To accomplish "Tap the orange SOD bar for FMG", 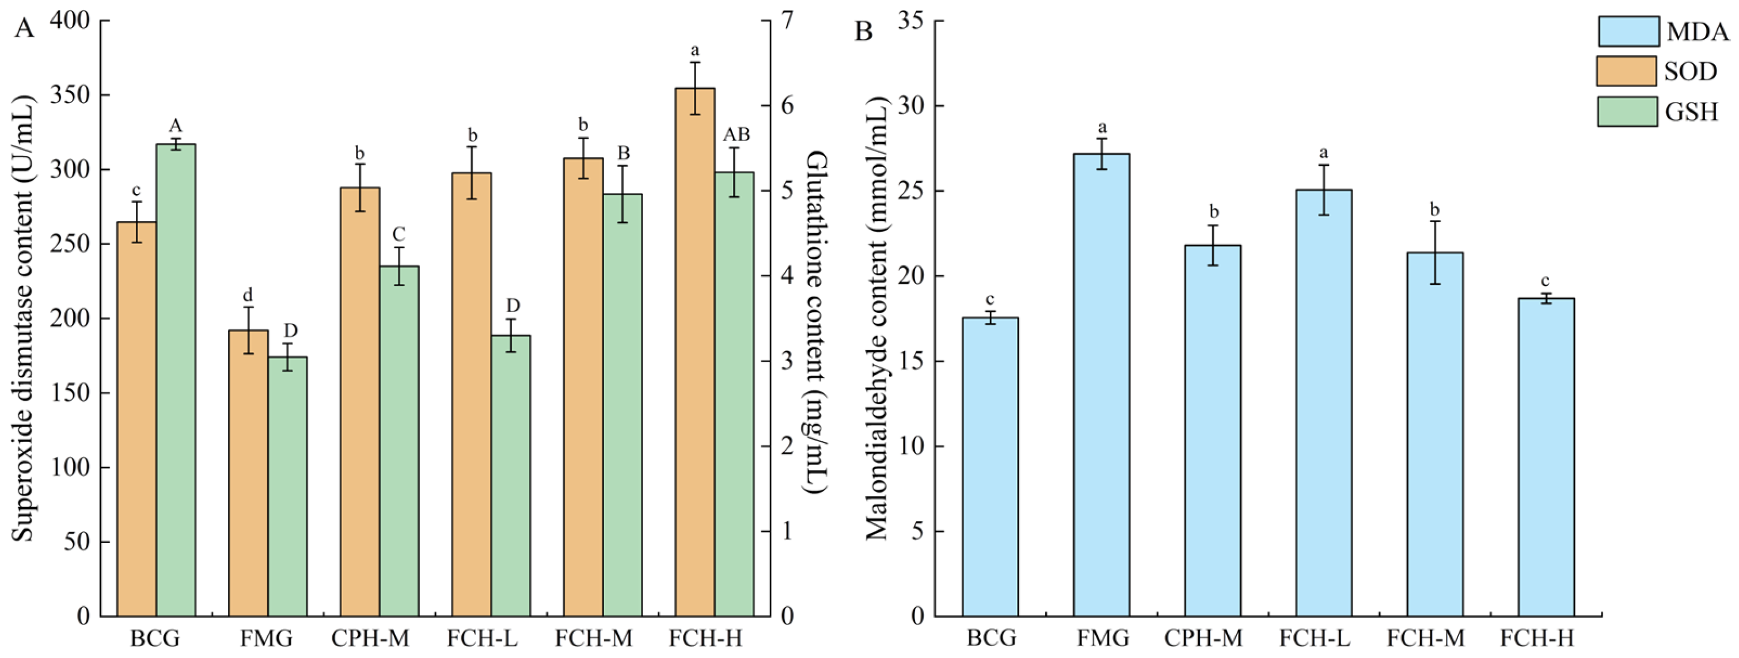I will [x=248, y=473].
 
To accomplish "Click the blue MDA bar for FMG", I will [x=1101, y=385].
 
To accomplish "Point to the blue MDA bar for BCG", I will [x=990, y=466].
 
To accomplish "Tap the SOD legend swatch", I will [x=1626, y=71].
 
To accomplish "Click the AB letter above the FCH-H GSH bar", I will [x=736, y=135].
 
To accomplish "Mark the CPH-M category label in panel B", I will [x=1203, y=638].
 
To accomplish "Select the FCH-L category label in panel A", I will [x=481, y=638].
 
